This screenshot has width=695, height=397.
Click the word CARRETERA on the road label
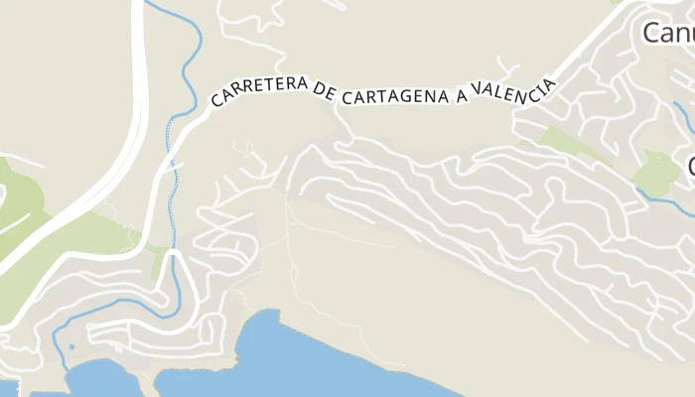(x=260, y=91)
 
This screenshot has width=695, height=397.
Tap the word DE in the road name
(x=325, y=91)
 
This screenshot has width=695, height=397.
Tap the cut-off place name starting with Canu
(x=668, y=33)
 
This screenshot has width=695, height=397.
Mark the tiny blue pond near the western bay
(x=71, y=347)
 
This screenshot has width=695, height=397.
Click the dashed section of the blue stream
(x=175, y=189)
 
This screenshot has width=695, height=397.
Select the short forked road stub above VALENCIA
(x=509, y=69)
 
